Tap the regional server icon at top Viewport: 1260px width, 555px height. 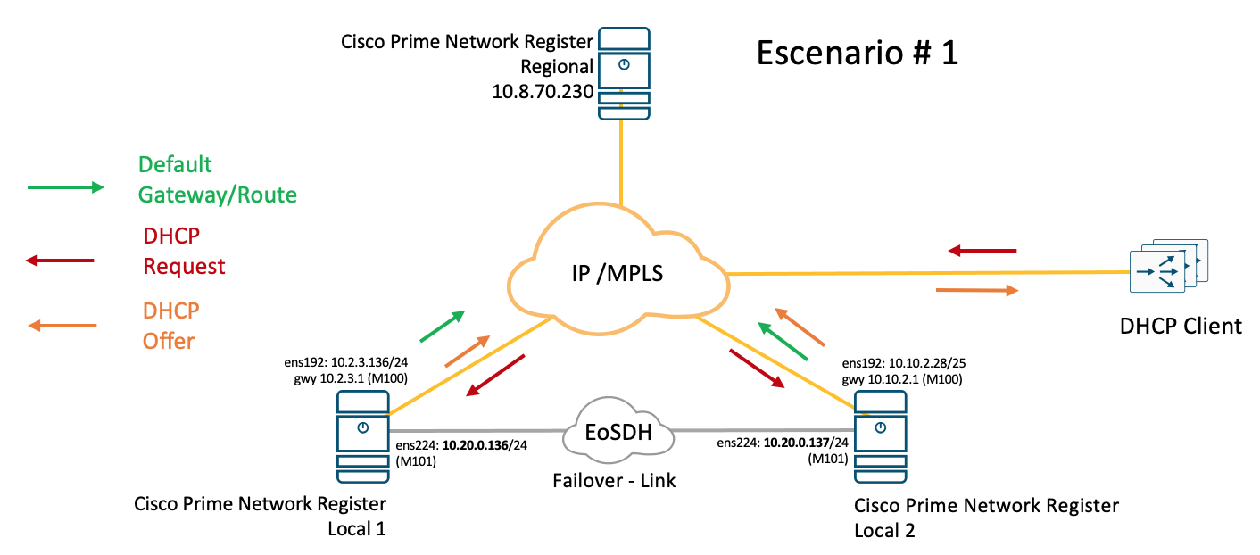click(x=624, y=74)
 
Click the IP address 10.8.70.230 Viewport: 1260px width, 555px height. click(x=542, y=90)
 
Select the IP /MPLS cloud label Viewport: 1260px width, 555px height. click(x=617, y=276)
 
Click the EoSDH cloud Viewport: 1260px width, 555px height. click(x=616, y=434)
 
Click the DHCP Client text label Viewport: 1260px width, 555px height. click(x=1181, y=326)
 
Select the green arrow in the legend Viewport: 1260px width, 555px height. click(x=65, y=187)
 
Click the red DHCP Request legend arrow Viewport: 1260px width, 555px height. click(x=60, y=261)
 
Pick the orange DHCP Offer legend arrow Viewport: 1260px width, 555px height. click(x=62, y=327)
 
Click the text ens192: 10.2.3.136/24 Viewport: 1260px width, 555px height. click(x=344, y=364)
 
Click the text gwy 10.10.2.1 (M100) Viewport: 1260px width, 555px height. click(x=900, y=380)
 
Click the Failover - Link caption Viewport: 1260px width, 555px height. click(x=614, y=480)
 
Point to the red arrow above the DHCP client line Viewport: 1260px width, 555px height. click(x=982, y=252)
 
